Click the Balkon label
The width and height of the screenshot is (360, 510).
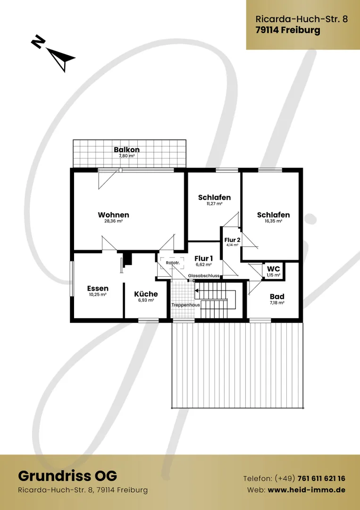(127, 150)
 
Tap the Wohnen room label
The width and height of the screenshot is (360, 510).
(113, 215)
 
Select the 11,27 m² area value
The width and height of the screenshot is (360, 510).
(214, 204)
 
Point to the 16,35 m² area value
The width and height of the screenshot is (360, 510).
(274, 221)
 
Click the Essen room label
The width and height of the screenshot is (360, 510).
(98, 289)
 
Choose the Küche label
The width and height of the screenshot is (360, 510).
(146, 294)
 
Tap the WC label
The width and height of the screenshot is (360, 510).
(273, 269)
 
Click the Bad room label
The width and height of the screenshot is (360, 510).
(277, 297)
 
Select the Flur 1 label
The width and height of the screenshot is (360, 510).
(204, 259)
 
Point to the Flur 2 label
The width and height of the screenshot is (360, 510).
(232, 240)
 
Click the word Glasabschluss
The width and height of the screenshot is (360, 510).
(204, 276)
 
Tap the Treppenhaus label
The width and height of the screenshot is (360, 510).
(186, 305)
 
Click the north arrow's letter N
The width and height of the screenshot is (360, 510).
(38, 42)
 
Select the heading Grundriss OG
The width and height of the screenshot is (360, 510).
(67, 476)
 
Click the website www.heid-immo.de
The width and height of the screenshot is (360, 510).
(306, 490)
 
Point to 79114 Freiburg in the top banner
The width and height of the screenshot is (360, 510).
(288, 30)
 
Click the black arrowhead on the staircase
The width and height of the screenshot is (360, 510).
(197, 290)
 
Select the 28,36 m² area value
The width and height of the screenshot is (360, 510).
(113, 221)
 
